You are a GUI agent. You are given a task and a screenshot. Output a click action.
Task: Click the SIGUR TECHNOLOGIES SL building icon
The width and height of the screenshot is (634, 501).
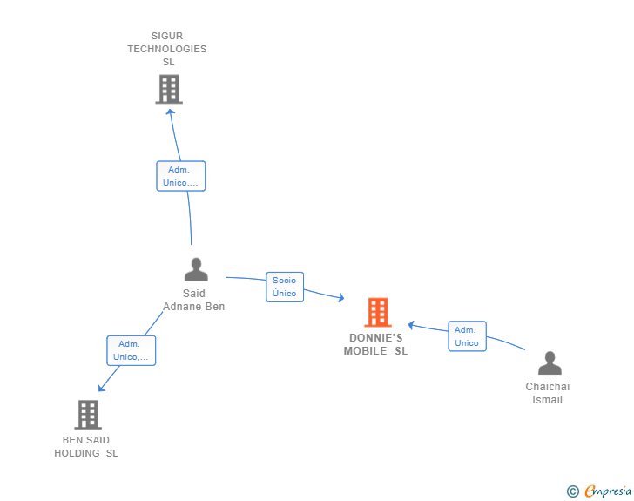click(x=169, y=89)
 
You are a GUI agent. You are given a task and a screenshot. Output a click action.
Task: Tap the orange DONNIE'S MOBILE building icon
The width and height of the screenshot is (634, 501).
click(x=378, y=312)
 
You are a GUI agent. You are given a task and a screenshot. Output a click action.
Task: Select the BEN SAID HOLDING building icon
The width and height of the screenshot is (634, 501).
click(x=88, y=415)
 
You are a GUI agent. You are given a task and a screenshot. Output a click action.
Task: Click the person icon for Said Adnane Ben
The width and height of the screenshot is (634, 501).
click(x=196, y=269)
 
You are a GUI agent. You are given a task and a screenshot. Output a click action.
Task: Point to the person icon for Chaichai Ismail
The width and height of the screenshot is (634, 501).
click(x=550, y=363)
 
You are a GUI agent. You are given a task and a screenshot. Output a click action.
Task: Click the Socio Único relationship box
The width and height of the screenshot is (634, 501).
click(x=285, y=287)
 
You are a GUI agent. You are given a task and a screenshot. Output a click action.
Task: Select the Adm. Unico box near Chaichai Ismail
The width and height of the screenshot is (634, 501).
click(x=467, y=336)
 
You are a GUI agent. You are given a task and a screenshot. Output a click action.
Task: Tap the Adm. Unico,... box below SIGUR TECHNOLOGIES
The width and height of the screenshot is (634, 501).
click(x=181, y=176)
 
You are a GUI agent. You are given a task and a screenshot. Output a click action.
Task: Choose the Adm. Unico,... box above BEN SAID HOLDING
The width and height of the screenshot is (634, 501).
click(x=131, y=350)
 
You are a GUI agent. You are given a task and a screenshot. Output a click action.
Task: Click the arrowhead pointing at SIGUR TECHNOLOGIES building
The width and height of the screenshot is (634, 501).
click(x=171, y=112)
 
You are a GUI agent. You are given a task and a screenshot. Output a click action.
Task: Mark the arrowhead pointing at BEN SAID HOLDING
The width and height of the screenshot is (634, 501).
click(x=101, y=388)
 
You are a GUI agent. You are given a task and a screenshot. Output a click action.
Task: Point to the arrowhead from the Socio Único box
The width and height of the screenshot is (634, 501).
click(x=341, y=298)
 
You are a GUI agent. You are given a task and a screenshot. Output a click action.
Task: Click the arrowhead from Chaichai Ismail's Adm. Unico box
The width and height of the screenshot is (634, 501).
click(x=411, y=324)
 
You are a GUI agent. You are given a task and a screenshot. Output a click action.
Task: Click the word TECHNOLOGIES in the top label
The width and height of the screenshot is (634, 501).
click(x=167, y=49)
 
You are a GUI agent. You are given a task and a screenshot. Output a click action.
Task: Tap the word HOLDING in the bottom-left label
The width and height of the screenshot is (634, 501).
click(x=77, y=453)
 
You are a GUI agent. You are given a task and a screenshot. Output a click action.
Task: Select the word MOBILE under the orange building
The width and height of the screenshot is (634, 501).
click(x=365, y=351)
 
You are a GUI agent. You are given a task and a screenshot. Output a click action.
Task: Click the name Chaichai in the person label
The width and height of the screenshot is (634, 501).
click(x=548, y=387)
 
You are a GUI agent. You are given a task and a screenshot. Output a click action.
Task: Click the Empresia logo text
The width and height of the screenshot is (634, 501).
click(x=608, y=491)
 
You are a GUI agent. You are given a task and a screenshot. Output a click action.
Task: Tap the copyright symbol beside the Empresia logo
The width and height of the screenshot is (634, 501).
click(x=573, y=491)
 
